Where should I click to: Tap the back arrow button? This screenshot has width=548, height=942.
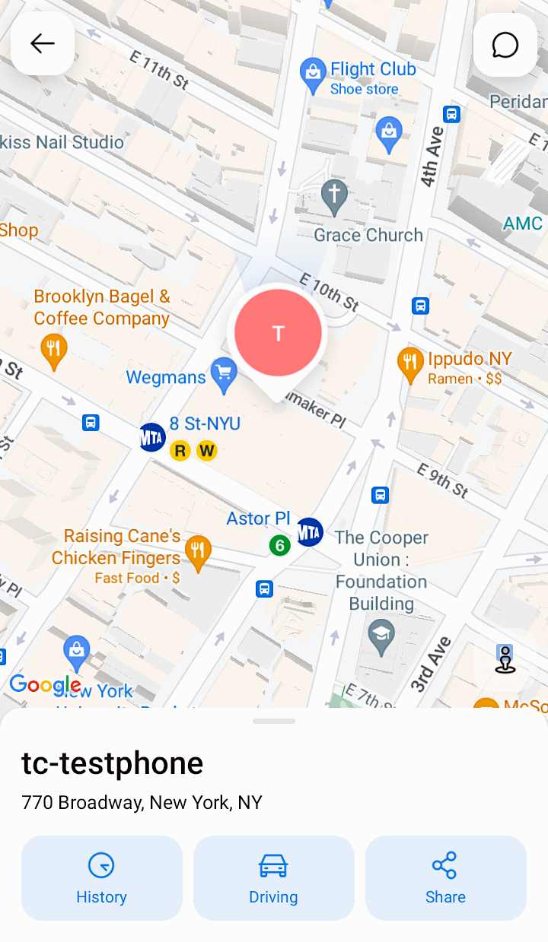click(43, 43)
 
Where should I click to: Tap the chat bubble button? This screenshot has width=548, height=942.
click(505, 45)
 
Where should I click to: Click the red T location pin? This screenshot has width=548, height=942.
click(278, 333)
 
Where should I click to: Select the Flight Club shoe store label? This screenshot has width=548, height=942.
click(372, 78)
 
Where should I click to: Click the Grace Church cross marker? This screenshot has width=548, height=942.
click(334, 197)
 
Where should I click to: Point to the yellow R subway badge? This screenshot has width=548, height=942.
click(180, 451)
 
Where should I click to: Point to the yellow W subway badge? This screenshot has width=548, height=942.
click(206, 451)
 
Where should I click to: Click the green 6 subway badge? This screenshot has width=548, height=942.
click(279, 545)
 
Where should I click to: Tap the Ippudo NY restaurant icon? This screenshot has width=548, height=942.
click(411, 366)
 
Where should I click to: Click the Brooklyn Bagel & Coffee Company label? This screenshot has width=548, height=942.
click(102, 307)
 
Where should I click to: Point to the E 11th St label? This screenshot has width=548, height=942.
click(159, 69)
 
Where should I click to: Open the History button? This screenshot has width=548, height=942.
click(102, 878)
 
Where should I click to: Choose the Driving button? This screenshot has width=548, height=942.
click(274, 878)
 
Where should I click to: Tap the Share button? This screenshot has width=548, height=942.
click(446, 878)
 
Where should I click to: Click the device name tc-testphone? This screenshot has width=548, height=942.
click(113, 763)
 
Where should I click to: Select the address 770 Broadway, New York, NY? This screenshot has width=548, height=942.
click(142, 802)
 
